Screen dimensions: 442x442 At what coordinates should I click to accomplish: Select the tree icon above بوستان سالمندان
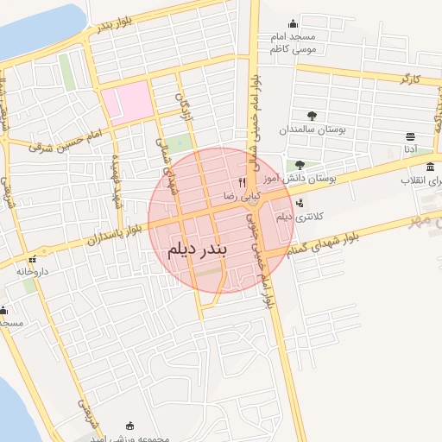coord(312,115)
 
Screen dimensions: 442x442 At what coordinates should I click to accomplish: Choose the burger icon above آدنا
coord(410,136)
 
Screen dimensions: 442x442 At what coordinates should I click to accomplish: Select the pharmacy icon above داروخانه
coord(33,259)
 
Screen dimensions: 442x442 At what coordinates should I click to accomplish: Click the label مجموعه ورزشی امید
coord(129,437)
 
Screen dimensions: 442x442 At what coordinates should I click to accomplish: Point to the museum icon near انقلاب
coord(430,165)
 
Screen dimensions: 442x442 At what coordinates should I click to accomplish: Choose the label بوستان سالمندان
coord(313,129)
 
